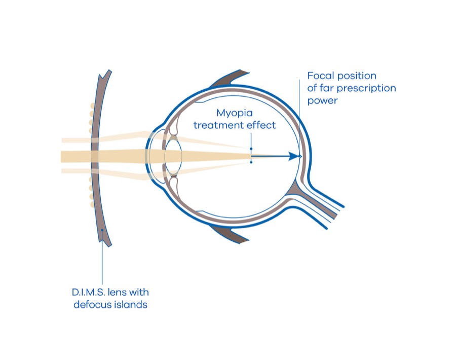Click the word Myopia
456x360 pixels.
point(235,113)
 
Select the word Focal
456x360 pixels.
point(319,76)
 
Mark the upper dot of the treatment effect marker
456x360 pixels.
point(251,149)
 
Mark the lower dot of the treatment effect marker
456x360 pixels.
point(251,162)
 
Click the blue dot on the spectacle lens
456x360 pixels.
point(102,231)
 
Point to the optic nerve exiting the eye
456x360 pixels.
point(319,203)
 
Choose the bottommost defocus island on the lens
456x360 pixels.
point(92,204)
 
